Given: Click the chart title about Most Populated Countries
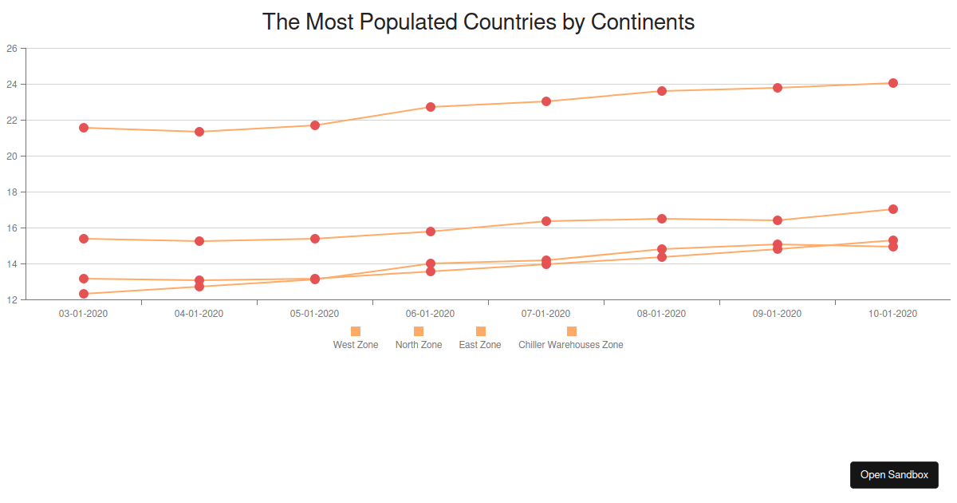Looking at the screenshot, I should (478, 22).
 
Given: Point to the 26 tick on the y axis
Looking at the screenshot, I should (12, 49).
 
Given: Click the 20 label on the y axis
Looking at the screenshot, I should (12, 156).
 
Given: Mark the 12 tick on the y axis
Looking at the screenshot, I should (12, 300).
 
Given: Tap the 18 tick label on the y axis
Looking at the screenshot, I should (12, 192).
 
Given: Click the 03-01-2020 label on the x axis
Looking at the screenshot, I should (84, 314).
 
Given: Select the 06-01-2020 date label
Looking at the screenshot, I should (431, 314).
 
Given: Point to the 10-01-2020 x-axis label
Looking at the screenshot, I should (893, 314).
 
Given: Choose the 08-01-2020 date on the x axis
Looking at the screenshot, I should (662, 314).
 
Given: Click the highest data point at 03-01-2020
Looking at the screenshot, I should (84, 128).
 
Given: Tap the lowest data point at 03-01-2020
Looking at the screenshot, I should (84, 294).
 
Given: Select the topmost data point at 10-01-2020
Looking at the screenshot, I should (893, 83).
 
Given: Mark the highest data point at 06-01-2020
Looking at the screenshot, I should (431, 107).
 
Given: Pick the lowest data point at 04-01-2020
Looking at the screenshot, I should (199, 287).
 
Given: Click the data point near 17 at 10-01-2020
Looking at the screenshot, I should (893, 209).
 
